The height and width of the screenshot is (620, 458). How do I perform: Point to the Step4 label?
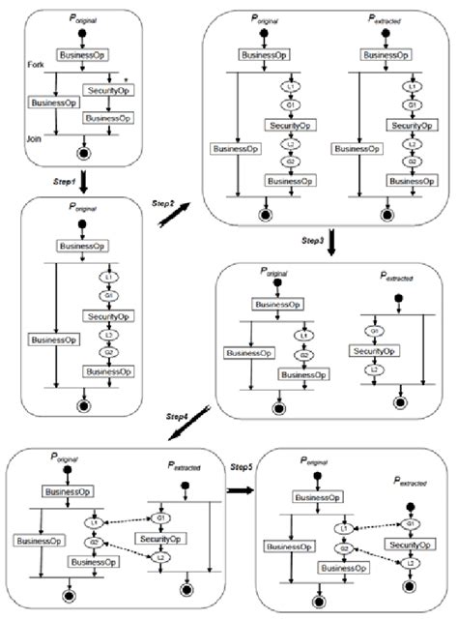point(177,415)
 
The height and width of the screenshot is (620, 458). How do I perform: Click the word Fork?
point(38,64)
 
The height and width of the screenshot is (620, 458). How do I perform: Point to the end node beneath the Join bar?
point(88,153)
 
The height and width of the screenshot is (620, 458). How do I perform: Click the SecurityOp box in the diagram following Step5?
point(413,545)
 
